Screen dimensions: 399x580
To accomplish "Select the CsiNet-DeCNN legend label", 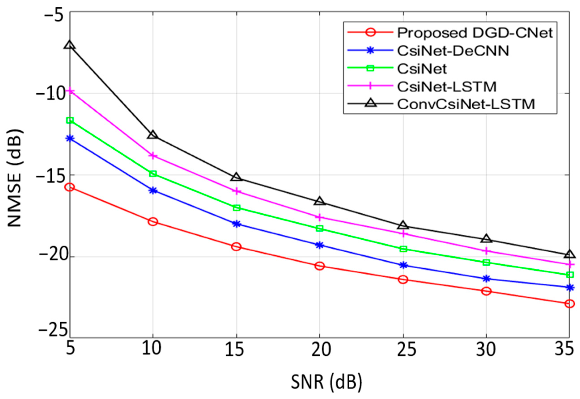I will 453,51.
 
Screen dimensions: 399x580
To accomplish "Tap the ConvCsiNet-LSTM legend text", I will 466,104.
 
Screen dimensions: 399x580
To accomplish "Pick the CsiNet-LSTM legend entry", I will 446,87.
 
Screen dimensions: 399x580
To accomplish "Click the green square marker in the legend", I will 371,68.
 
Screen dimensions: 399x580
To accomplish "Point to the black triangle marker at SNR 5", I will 70,45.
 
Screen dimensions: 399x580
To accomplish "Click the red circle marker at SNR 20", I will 319,266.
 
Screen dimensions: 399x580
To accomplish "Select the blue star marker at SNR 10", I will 153,191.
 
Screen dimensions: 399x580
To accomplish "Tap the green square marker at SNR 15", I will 236,208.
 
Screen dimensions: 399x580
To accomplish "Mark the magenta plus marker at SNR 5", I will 70,91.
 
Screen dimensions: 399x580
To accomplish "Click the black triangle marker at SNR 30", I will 486,239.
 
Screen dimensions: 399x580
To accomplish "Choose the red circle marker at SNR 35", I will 569,304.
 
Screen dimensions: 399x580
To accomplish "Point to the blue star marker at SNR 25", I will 403,265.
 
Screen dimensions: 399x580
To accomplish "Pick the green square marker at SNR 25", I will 403,249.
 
